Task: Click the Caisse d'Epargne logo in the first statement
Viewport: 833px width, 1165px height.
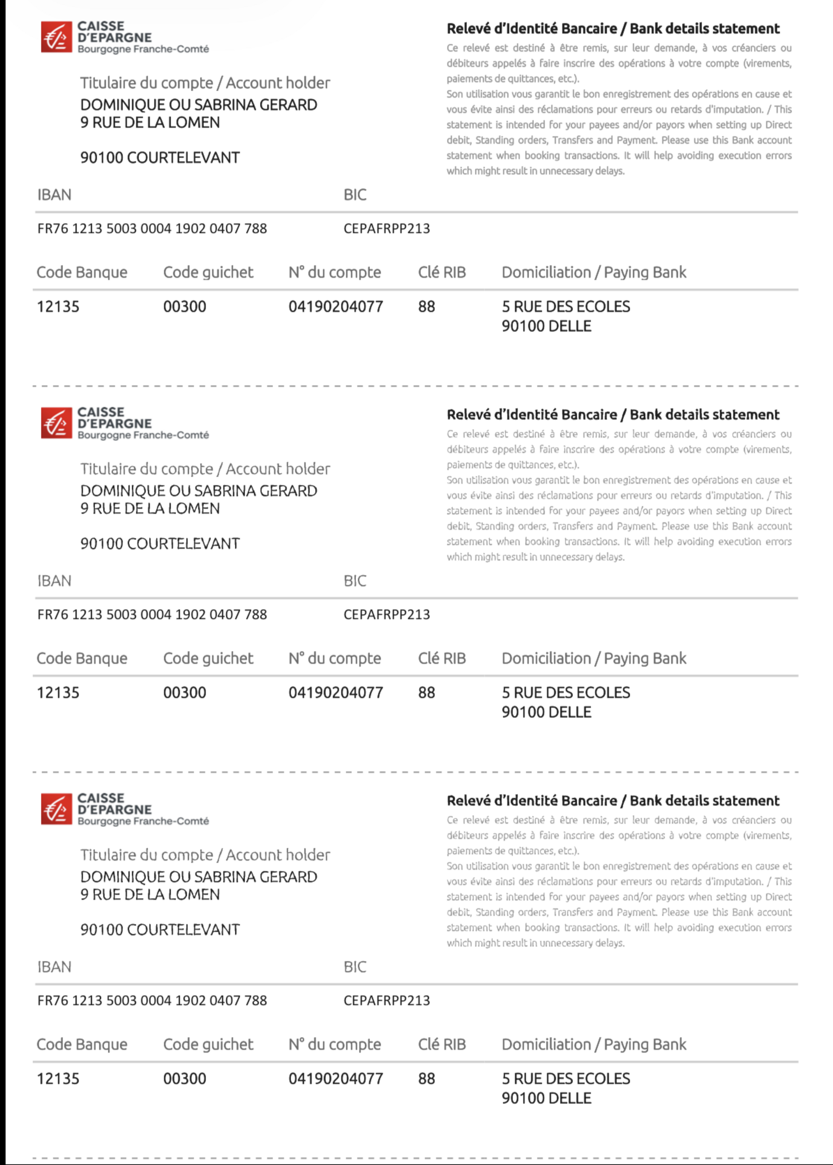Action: (56, 37)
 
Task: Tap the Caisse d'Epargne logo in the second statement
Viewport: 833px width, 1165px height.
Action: (56, 423)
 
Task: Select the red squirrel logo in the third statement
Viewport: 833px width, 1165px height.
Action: (56, 809)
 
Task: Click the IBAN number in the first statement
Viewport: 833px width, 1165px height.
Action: (152, 228)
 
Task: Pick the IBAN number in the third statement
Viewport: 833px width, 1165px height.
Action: (152, 1000)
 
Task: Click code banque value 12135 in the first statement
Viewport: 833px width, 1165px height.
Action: (58, 307)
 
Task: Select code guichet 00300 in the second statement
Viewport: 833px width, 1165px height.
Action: (185, 692)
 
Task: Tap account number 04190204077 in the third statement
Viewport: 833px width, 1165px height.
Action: (335, 1078)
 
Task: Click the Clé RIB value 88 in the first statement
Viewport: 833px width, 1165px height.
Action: (426, 307)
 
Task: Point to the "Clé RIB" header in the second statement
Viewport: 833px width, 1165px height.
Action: (441, 658)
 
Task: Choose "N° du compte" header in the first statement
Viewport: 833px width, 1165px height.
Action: (334, 272)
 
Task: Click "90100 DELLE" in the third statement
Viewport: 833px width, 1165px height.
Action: (546, 1098)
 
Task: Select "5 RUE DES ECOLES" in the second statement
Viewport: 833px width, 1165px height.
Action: (566, 692)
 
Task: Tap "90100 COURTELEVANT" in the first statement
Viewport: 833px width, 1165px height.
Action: (160, 157)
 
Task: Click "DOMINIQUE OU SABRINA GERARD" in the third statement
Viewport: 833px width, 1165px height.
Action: (199, 877)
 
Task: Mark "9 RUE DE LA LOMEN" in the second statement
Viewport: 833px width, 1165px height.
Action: (150, 508)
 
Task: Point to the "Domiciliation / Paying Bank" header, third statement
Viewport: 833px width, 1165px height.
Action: (594, 1045)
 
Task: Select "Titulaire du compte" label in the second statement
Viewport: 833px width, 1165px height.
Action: (147, 469)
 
